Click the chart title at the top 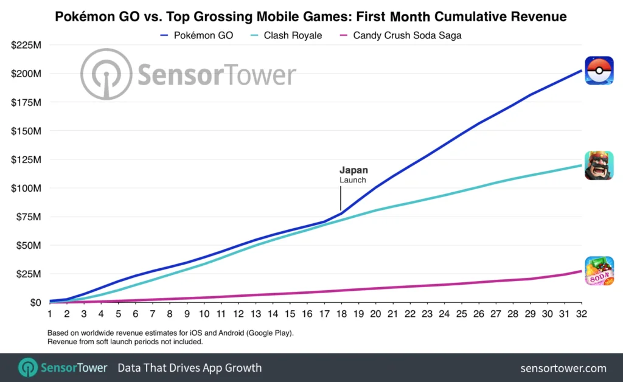pyautogui.click(x=311, y=16)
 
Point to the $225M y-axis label pyautogui.click(x=26, y=45)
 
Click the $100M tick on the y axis pyautogui.click(x=26, y=188)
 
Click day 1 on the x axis pyautogui.click(x=49, y=314)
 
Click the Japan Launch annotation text pyautogui.click(x=353, y=175)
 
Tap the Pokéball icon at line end pyautogui.click(x=599, y=71)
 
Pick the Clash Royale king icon pyautogui.click(x=599, y=165)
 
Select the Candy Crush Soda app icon pyautogui.click(x=599, y=271)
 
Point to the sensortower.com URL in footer pyautogui.click(x=563, y=368)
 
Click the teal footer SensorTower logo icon pyautogui.click(x=28, y=368)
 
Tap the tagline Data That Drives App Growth pyautogui.click(x=189, y=368)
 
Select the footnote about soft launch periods pyautogui.click(x=125, y=342)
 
